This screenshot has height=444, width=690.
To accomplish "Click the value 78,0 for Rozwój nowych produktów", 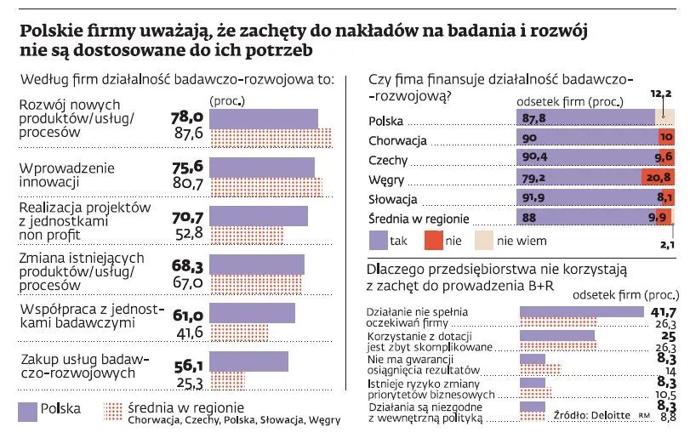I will point(186,117).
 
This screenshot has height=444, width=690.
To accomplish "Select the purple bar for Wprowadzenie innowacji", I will point(261,167).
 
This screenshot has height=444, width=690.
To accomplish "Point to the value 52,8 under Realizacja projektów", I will point(188,234).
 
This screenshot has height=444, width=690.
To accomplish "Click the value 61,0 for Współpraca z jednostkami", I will point(187,316).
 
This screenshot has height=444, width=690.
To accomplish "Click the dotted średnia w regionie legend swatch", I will point(113,412).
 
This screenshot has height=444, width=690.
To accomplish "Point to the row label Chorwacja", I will point(396,139).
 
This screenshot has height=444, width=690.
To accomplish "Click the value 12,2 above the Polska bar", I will point(661,94).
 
